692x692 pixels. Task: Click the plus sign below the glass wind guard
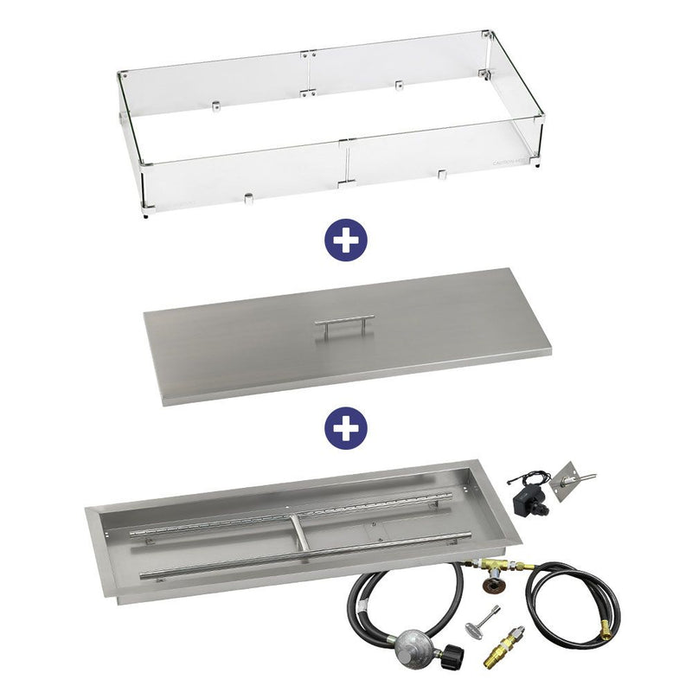pos(347,239)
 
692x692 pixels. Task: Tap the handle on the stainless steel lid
pos(344,326)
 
